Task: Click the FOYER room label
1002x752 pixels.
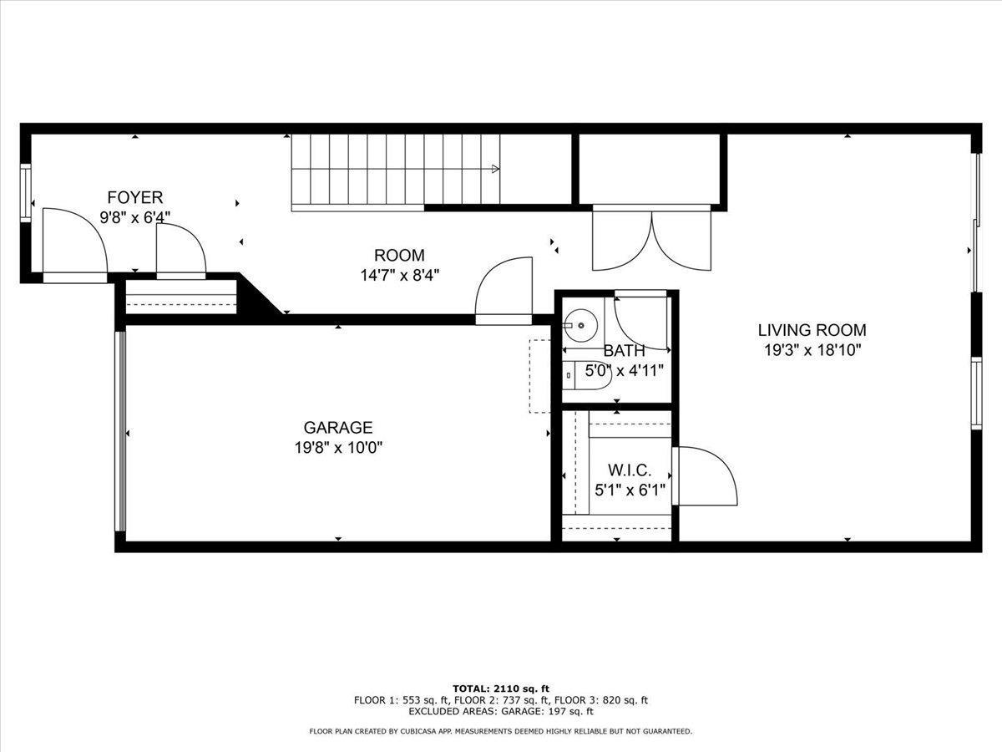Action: pyautogui.click(x=135, y=197)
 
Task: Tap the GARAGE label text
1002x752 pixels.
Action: pyautogui.click(x=338, y=427)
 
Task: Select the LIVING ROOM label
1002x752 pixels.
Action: pyautogui.click(x=812, y=330)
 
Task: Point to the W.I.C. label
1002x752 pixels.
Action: pyautogui.click(x=630, y=470)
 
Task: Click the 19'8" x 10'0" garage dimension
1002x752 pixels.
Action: pyautogui.click(x=338, y=448)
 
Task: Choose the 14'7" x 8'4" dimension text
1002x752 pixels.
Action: pyautogui.click(x=400, y=276)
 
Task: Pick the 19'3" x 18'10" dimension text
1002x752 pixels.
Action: pyautogui.click(x=812, y=350)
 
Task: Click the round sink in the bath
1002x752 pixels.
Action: pyautogui.click(x=580, y=325)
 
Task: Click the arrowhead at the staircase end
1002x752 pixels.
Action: pyautogui.click(x=495, y=169)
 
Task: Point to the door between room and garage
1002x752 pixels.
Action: pyautogui.click(x=504, y=291)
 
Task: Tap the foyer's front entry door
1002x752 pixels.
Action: pyautogui.click(x=75, y=245)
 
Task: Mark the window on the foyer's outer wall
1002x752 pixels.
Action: pyautogui.click(x=26, y=193)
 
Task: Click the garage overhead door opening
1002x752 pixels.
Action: pyautogui.click(x=120, y=431)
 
